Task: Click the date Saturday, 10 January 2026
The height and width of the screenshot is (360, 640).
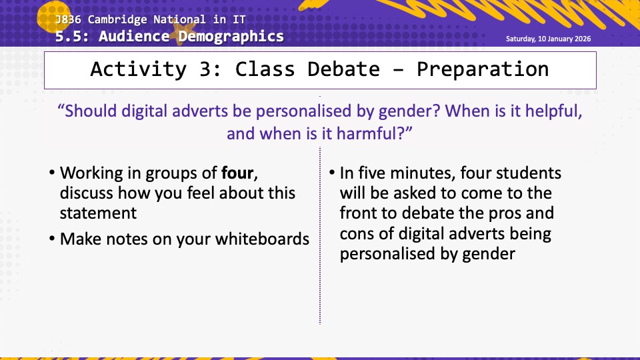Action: click(548, 39)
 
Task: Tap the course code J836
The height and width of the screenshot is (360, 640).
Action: click(68, 19)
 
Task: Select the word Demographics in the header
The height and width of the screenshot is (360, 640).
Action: click(231, 36)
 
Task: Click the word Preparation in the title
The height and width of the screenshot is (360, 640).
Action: click(483, 69)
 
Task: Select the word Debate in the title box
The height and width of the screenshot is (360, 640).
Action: click(343, 69)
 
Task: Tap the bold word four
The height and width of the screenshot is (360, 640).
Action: click(237, 173)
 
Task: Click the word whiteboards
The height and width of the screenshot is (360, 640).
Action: click(262, 239)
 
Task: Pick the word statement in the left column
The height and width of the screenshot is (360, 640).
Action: click(98, 213)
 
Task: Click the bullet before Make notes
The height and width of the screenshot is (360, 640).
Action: click(52, 239)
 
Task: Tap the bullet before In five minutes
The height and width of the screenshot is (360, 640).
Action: click(332, 173)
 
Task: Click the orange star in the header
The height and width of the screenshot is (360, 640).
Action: click(185, 33)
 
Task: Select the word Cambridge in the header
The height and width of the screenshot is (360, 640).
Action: click(117, 19)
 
